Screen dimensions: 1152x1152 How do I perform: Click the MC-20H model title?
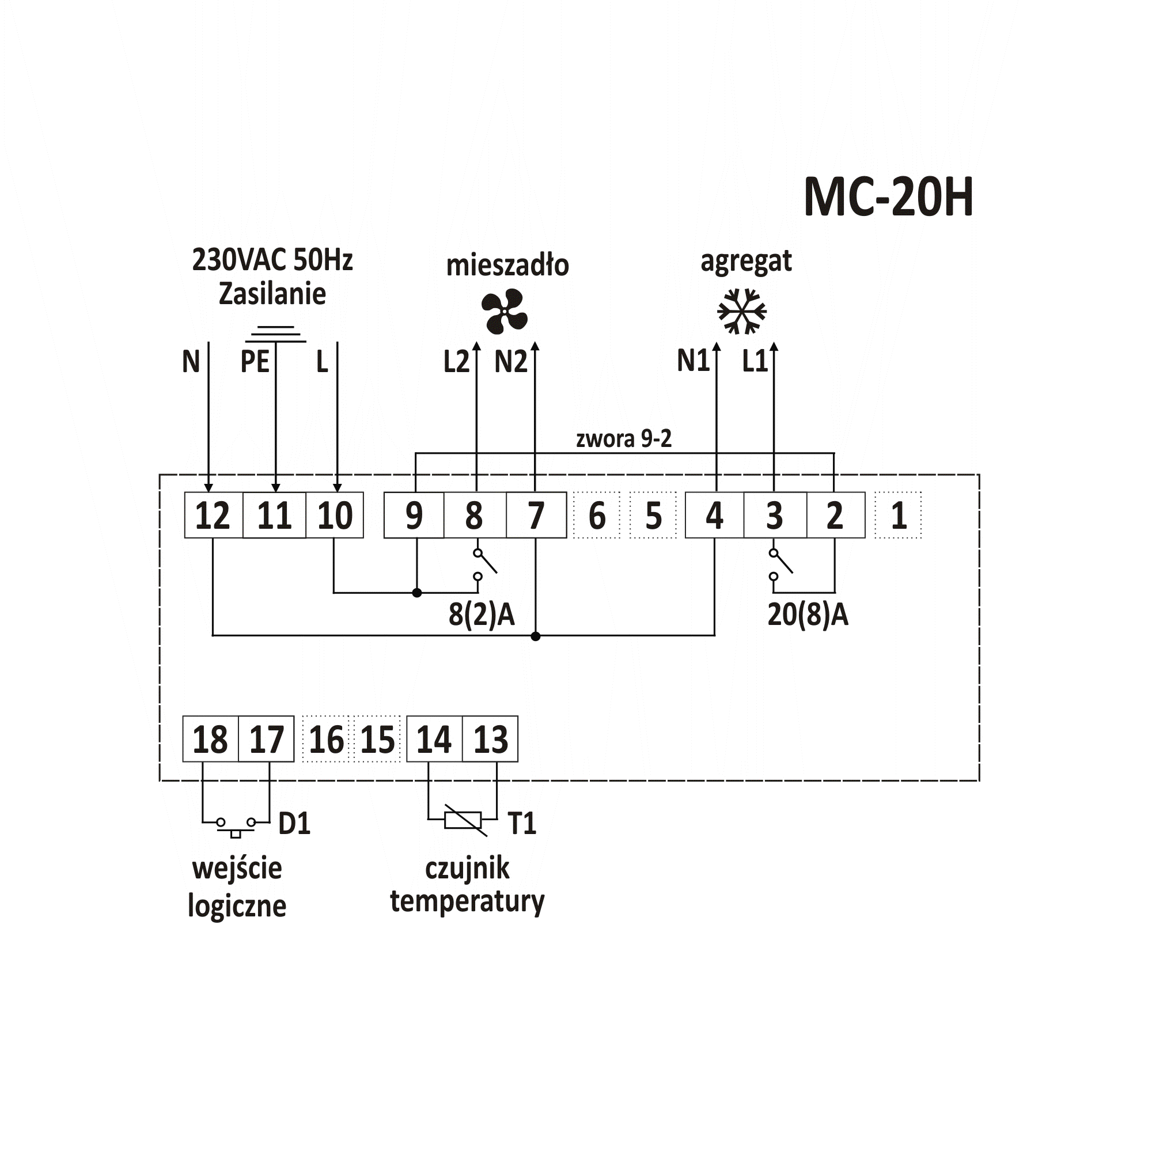pos(888,197)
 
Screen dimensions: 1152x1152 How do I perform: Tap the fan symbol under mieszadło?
pos(505,311)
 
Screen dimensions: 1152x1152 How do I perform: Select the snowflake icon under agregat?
pos(742,311)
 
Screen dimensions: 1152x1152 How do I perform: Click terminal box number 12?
pos(214,515)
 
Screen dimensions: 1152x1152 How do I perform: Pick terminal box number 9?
pos(414,515)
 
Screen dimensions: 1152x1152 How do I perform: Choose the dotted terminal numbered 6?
pos(597,515)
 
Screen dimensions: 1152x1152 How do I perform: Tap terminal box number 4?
pos(714,515)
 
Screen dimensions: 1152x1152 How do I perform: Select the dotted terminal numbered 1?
pos(898,515)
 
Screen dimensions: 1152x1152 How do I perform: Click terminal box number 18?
pos(210,739)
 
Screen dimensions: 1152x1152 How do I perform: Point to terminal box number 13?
pos(490,739)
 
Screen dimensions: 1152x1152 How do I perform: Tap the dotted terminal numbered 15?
pos(378,739)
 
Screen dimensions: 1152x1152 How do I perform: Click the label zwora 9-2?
pos(624,439)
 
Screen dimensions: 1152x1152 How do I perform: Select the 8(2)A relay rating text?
pos(482,614)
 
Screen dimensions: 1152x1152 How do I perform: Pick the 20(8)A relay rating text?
pos(808,614)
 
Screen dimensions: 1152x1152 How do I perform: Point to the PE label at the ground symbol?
pos(255,361)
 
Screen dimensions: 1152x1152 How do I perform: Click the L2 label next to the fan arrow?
pos(456,362)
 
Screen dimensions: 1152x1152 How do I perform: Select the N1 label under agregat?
pos(694,361)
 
